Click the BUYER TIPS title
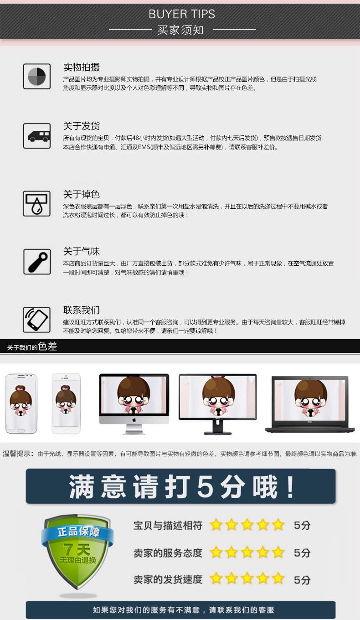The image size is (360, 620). (181, 14)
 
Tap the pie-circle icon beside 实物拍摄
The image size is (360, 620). (37, 77)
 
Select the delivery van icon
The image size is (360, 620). (38, 136)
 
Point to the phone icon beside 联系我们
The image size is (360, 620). (36, 320)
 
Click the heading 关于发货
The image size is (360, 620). (82, 126)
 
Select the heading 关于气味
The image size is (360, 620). (82, 251)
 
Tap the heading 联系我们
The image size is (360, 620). (82, 310)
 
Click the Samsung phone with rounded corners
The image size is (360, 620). (21, 403)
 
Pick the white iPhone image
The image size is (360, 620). (66, 403)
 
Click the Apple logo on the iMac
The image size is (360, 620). (134, 420)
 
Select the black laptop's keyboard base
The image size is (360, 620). (310, 429)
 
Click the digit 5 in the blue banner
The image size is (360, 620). (206, 486)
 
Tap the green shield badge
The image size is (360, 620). (77, 552)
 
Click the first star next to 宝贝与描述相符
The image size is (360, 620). (216, 525)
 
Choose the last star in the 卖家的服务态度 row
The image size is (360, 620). (278, 553)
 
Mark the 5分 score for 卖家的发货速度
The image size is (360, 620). (302, 580)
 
